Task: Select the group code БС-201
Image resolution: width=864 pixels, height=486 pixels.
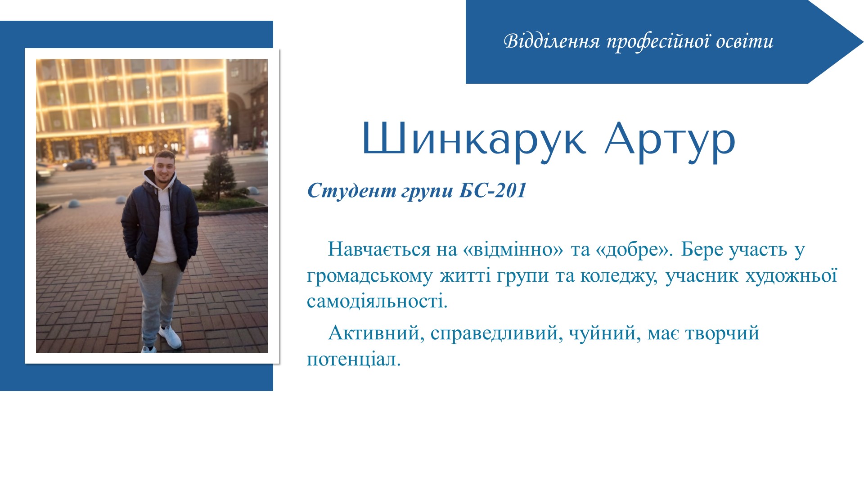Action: pos(493,191)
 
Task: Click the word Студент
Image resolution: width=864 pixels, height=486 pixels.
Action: pos(352,191)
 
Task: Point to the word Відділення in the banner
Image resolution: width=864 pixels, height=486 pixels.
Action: pos(552,41)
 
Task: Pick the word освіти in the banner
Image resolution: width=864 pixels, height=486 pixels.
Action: pos(745,41)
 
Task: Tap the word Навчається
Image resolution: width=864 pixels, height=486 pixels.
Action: pos(379,249)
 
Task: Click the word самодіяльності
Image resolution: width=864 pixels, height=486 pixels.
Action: pos(377,301)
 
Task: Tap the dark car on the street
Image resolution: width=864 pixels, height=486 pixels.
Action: pos(80,164)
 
